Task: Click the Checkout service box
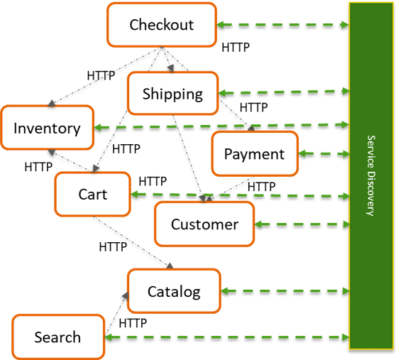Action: click(x=161, y=26)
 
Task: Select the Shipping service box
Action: click(x=172, y=94)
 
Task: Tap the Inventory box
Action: click(x=47, y=129)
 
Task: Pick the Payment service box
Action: click(x=254, y=154)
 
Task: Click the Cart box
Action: click(x=92, y=194)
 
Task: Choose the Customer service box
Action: click(x=204, y=225)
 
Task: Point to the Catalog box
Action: click(x=174, y=291)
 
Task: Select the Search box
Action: click(x=57, y=337)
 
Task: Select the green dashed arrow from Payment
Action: click(x=324, y=153)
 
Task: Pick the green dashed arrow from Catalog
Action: click(x=284, y=291)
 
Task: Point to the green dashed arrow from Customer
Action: click(x=302, y=225)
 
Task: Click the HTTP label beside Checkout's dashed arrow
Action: click(x=236, y=48)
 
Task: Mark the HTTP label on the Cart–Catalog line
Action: click(x=113, y=247)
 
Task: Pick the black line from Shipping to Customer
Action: click(x=189, y=156)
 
